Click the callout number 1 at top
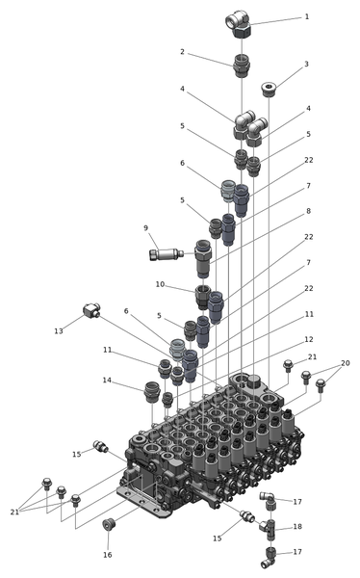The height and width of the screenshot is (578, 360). click(306, 17)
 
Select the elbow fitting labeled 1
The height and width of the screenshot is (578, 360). click(239, 23)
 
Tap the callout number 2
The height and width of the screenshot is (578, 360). click(182, 52)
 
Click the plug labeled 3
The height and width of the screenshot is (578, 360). click(269, 90)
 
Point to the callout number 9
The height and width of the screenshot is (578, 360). click(146, 228)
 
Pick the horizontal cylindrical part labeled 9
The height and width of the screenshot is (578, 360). click(167, 254)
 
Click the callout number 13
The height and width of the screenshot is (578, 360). click(59, 331)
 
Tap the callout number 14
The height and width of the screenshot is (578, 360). click(107, 381)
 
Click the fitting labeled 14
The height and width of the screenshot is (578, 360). click(152, 392)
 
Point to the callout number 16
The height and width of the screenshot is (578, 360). click(107, 555)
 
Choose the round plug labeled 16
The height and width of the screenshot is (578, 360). click(109, 524)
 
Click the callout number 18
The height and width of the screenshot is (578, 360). click(297, 527)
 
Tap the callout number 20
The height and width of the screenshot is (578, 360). click(345, 363)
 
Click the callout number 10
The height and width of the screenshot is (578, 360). click(160, 284)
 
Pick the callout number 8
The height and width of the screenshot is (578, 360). click(309, 211)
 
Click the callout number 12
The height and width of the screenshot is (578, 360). click(309, 339)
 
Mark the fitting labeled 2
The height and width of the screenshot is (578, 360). click(242, 66)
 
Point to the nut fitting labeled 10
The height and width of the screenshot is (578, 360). click(202, 297)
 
